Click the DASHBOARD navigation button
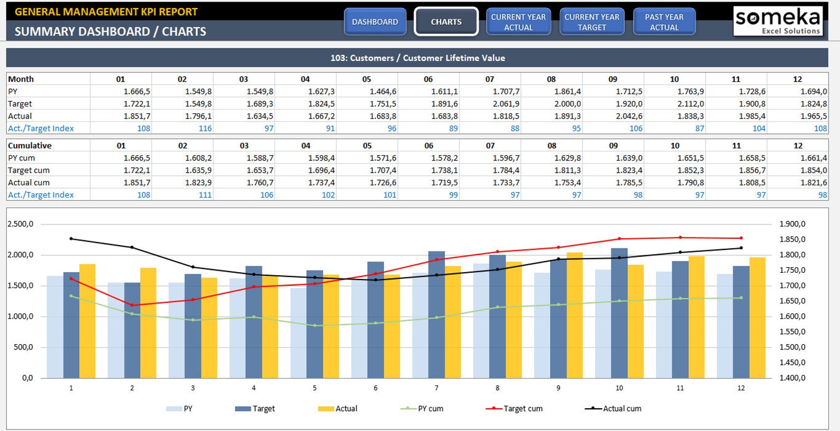(x=375, y=22)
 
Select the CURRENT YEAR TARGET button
(x=591, y=22)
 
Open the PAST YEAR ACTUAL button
(x=664, y=22)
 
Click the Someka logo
(x=778, y=21)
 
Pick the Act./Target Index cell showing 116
(x=205, y=128)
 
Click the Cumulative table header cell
(x=30, y=146)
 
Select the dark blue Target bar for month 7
(x=436, y=315)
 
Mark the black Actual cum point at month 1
(x=71, y=239)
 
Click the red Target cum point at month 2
(x=132, y=305)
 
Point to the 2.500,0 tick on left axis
(x=20, y=224)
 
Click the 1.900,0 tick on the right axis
(x=792, y=224)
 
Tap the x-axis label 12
(x=741, y=388)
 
